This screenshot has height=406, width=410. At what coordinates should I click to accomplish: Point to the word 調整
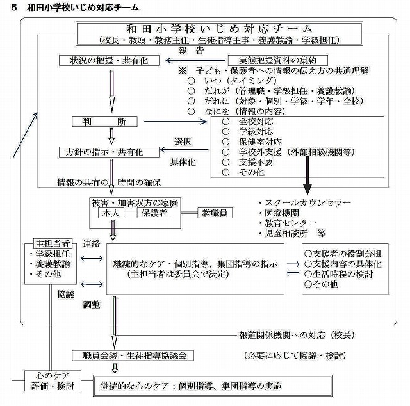(92, 306)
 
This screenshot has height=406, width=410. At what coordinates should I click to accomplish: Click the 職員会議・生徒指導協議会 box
(132, 355)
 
